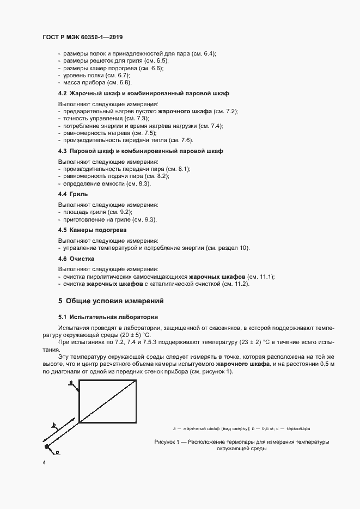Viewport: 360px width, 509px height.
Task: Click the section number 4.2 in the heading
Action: coord(63,94)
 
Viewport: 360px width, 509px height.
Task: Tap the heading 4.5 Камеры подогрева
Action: coord(92,230)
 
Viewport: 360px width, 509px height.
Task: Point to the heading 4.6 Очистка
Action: coord(76,259)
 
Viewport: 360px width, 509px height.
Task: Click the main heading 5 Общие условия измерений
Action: coord(111,301)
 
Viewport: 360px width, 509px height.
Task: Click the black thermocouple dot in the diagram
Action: coord(47,447)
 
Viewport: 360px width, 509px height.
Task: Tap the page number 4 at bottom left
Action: coord(43,463)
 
